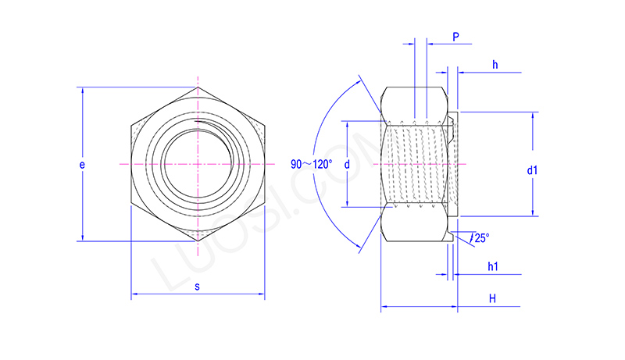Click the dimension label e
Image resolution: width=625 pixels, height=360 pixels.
tap(82, 165)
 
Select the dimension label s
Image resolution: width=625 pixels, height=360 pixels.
tap(197, 287)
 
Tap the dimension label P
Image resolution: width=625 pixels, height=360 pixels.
tap(455, 37)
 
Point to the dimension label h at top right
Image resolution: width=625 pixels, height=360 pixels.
tap(495, 64)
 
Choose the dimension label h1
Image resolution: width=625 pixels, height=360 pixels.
tap(493, 267)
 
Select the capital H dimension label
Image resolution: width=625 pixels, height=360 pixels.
tap(492, 299)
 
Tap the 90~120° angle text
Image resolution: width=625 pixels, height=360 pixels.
tap(311, 164)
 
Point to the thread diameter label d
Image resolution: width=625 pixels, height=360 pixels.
tap(346, 165)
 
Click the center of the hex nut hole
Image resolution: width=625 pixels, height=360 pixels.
tap(198, 165)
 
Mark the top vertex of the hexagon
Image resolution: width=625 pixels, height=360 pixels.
tap(198, 87)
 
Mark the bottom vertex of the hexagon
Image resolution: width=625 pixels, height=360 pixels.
tap(198, 241)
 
